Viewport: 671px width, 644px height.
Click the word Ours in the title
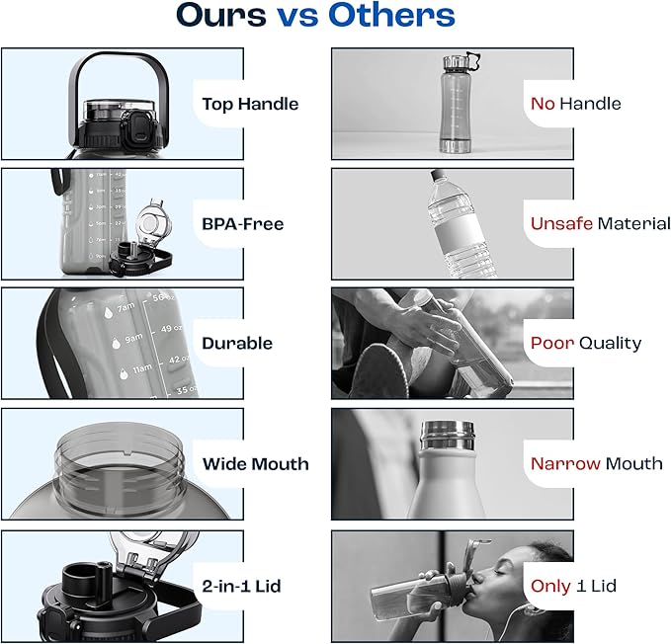click(x=221, y=16)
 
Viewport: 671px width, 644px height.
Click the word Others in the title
click(x=391, y=16)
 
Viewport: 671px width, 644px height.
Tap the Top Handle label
click(x=250, y=105)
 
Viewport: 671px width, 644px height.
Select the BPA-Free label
click(x=243, y=224)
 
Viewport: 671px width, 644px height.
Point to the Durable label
click(x=237, y=344)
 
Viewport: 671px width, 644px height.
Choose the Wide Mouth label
click(x=256, y=464)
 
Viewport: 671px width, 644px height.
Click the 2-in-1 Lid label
click(x=241, y=586)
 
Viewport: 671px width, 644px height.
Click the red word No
click(x=543, y=104)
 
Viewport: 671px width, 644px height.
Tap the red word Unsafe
click(x=561, y=223)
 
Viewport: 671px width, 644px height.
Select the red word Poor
click(x=552, y=343)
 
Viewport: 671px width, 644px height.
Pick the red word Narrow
click(x=565, y=464)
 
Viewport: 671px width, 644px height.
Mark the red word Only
click(x=550, y=587)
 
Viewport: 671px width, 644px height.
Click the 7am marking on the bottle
click(x=126, y=307)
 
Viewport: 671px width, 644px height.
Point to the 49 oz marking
click(x=172, y=329)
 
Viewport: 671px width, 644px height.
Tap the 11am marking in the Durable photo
click(x=142, y=368)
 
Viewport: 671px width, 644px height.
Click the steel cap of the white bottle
click(x=448, y=436)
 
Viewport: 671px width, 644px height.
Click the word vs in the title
click(x=297, y=17)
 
